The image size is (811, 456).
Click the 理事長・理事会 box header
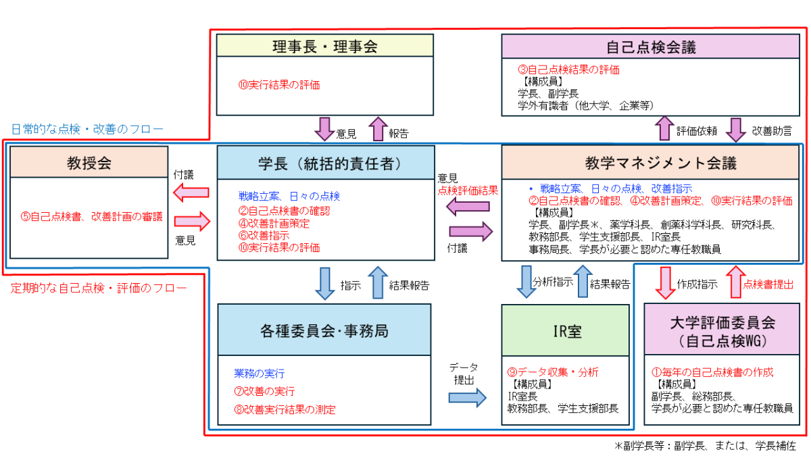[x=324, y=47]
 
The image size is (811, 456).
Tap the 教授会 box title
[x=89, y=162]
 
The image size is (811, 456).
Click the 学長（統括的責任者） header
[x=325, y=163]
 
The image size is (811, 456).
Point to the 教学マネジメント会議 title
[x=651, y=163]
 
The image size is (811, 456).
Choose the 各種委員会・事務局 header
[x=324, y=330]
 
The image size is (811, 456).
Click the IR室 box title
[x=566, y=331]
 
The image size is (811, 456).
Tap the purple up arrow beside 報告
[x=377, y=128]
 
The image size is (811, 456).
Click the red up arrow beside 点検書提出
[x=733, y=282]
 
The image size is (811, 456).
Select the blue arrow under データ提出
[x=467, y=397]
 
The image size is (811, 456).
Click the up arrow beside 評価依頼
[x=665, y=128]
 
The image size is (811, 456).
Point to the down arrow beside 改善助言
[x=738, y=128]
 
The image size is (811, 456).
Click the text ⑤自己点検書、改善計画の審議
[x=91, y=217]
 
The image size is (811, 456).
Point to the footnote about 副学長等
[x=705, y=446]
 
